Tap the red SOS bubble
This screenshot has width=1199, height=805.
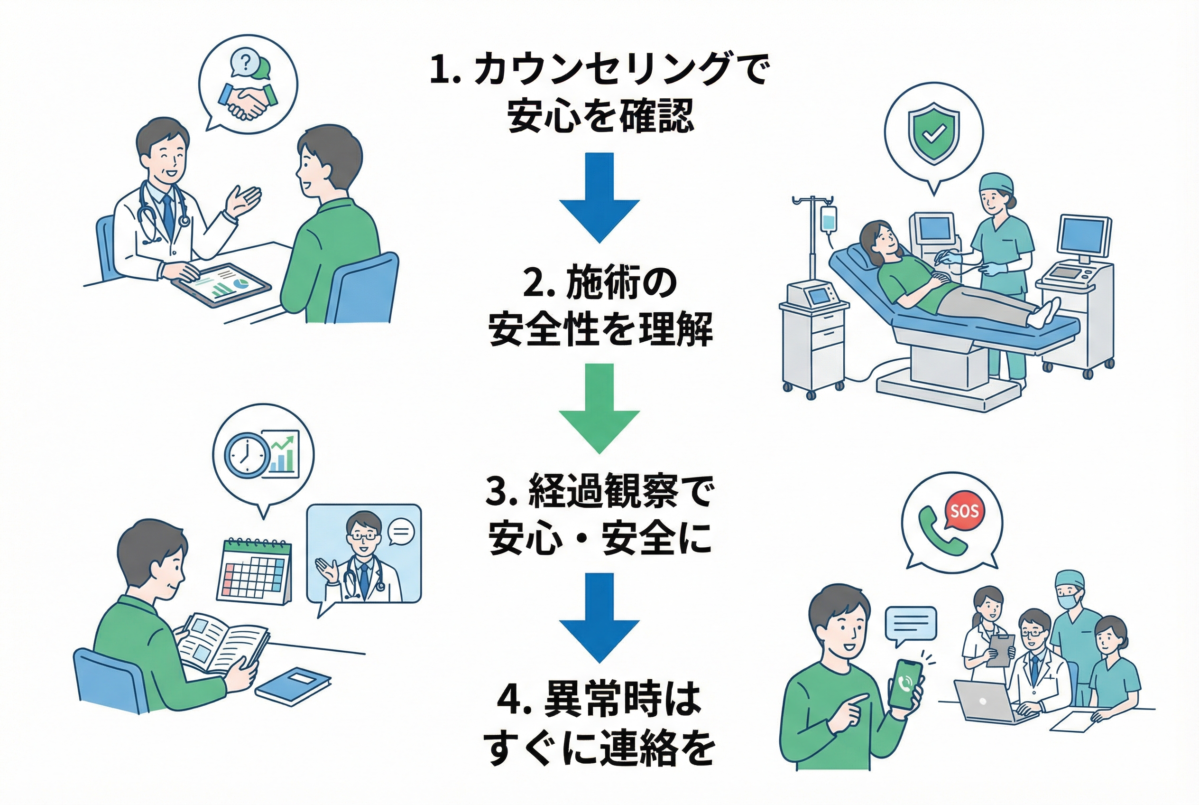click(x=964, y=511)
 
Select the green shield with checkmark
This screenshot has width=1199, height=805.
click(x=934, y=133)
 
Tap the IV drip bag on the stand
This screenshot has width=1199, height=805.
click(x=828, y=220)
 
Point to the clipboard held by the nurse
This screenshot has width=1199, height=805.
click(x=1000, y=650)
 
